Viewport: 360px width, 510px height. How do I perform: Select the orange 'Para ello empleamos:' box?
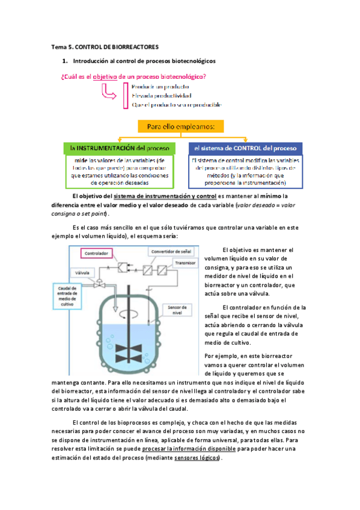pos(181,127)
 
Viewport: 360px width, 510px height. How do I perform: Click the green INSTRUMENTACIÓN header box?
pos(118,148)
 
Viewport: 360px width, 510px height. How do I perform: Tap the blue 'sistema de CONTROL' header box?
pos(245,148)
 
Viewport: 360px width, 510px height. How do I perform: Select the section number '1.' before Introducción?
pos(65,61)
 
